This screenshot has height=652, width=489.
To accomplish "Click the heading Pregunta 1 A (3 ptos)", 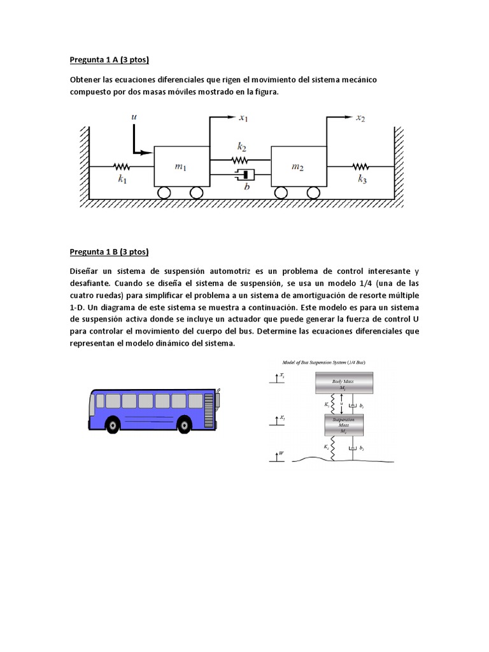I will [109, 60].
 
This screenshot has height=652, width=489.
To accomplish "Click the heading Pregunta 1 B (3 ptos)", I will [109, 251].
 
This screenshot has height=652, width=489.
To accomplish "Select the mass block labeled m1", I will [181, 166].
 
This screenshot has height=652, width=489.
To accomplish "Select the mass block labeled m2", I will [298, 166].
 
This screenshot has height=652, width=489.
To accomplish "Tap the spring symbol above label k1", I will [122, 167].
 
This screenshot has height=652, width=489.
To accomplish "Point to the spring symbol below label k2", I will [239, 160].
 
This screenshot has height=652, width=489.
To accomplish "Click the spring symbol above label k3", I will [361, 167].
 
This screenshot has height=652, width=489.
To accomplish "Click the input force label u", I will [134, 117].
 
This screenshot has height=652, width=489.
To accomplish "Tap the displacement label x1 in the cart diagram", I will [243, 118].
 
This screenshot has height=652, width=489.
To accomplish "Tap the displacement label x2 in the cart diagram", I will [361, 118].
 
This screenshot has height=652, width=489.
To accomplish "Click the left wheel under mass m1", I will [164, 193].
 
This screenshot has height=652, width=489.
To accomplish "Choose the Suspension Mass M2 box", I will [344, 425].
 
